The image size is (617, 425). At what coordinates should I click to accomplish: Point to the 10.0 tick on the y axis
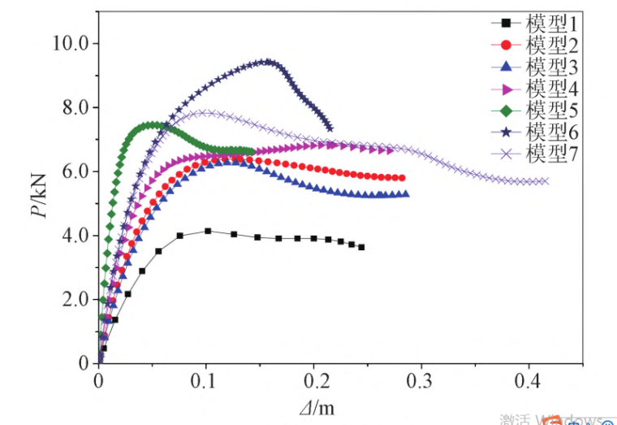(x=71, y=43)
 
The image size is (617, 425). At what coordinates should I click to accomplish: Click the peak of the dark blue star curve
(x=266, y=61)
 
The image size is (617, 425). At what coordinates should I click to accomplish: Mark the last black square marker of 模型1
(x=361, y=247)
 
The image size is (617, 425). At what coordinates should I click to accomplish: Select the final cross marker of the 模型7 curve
(x=545, y=181)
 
